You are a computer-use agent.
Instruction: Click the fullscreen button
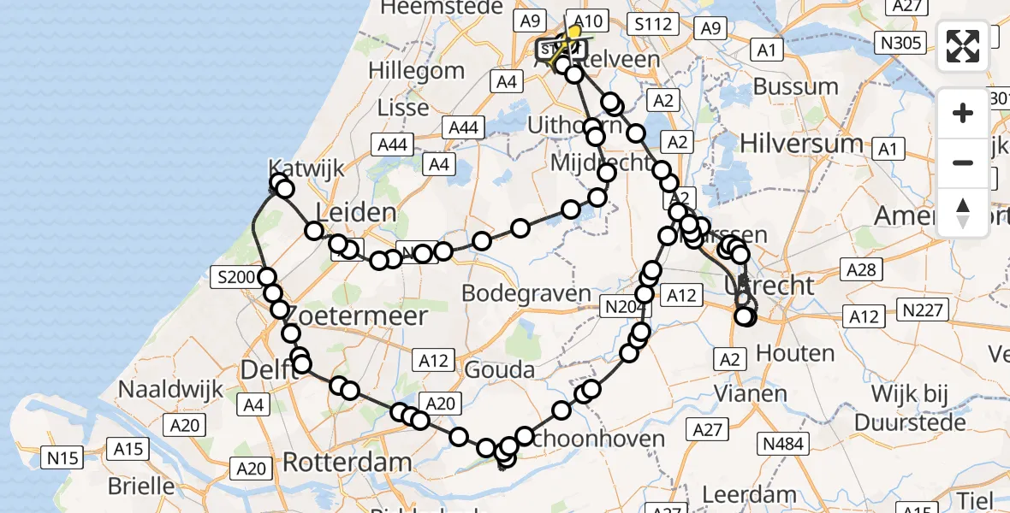click(x=963, y=46)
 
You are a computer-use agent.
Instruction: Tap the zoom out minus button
click(x=963, y=162)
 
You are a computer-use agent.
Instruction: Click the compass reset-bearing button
click(x=963, y=213)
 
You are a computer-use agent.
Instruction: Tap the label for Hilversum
click(x=801, y=143)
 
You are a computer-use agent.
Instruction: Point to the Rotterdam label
click(x=347, y=463)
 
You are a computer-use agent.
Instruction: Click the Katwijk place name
click(x=306, y=167)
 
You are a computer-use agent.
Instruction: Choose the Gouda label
click(x=500, y=369)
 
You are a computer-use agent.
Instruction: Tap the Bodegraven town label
click(x=526, y=293)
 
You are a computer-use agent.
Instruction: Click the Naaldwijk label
click(x=170, y=389)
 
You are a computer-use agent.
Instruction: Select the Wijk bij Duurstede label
click(x=929, y=407)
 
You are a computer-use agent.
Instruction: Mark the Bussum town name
click(x=796, y=86)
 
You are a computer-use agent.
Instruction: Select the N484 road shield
click(x=782, y=443)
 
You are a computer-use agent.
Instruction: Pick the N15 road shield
click(x=62, y=458)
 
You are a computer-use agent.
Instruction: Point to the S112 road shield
click(x=652, y=24)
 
